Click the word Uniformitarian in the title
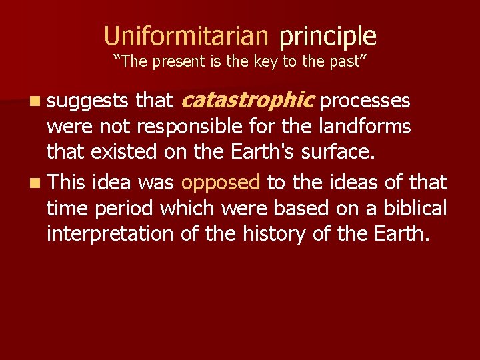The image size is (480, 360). (x=186, y=35)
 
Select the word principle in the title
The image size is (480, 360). (x=328, y=37)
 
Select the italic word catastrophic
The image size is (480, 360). (x=247, y=101)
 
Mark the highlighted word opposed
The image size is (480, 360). (x=220, y=182)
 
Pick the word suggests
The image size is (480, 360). (x=88, y=102)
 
